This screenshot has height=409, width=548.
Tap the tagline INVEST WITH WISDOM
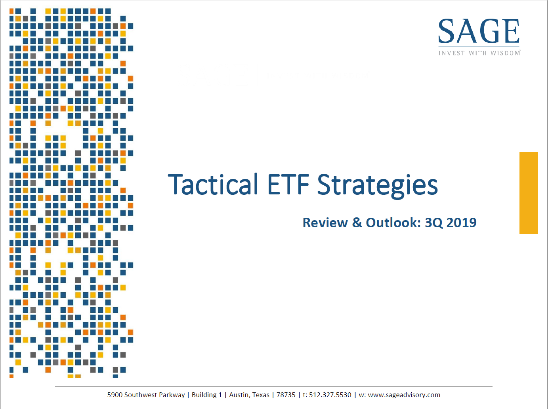(x=479, y=53)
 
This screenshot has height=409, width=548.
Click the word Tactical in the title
(x=213, y=184)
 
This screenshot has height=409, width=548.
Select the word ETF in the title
(x=288, y=184)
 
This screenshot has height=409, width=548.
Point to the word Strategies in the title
(x=378, y=186)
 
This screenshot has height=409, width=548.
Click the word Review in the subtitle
(x=325, y=223)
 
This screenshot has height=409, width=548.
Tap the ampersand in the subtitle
(x=357, y=223)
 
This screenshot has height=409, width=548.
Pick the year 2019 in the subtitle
(x=462, y=223)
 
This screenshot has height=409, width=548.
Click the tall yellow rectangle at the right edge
(x=529, y=193)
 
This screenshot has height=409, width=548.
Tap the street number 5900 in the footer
(x=115, y=395)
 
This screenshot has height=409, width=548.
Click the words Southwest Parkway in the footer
(x=155, y=395)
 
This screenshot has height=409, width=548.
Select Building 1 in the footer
(x=207, y=395)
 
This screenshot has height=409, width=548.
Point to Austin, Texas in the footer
(x=249, y=395)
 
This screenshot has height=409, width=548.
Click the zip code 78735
(x=286, y=395)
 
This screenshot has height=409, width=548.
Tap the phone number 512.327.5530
(x=330, y=395)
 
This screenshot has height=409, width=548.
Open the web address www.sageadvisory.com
(x=404, y=395)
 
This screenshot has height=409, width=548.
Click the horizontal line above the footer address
(x=274, y=386)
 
